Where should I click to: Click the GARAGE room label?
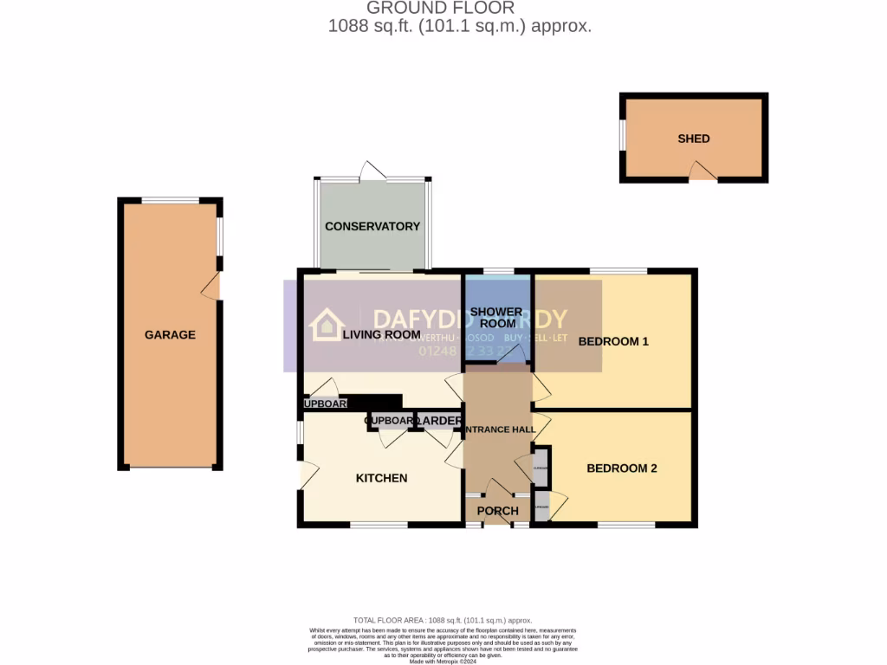pos(170,335)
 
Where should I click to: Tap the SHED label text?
pos(694,139)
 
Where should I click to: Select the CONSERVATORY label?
pos(372,226)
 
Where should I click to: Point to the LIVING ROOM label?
pos(381,335)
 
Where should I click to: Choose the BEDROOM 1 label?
pos(613,341)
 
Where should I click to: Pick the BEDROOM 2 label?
pos(622,468)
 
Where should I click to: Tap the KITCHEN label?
pos(382,478)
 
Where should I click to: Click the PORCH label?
pos(498,511)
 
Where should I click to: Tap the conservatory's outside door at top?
pos(372,171)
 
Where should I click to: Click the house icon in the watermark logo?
pos(327,325)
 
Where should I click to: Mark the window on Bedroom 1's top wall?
pos(618,271)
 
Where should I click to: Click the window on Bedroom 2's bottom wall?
pos(626,525)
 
